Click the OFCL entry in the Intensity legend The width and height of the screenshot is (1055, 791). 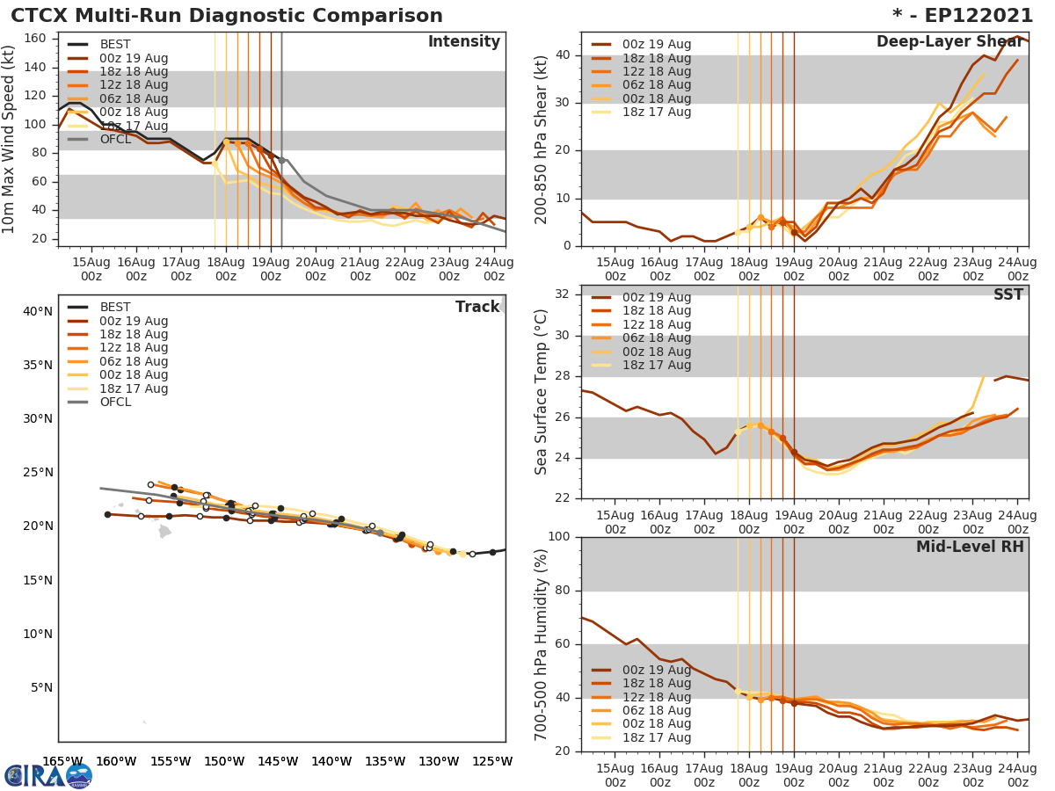115,139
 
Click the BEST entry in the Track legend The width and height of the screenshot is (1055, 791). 115,307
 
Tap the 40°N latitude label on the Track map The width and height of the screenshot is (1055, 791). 38,311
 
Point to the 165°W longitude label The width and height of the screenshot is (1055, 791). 62,761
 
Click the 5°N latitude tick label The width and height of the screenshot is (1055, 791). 41,687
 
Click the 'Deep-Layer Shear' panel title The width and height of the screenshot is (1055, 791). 949,42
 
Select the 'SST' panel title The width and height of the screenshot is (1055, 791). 1008,294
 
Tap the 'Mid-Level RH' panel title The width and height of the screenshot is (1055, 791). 970,547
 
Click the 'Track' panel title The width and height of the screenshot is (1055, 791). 477,307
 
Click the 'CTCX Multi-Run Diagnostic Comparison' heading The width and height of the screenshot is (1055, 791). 227,16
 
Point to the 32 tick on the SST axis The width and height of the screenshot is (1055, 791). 561,294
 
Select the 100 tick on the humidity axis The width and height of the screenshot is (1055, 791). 557,536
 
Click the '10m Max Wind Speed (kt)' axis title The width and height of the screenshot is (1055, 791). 10,139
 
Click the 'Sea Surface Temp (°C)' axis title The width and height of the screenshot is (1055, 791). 542,392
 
